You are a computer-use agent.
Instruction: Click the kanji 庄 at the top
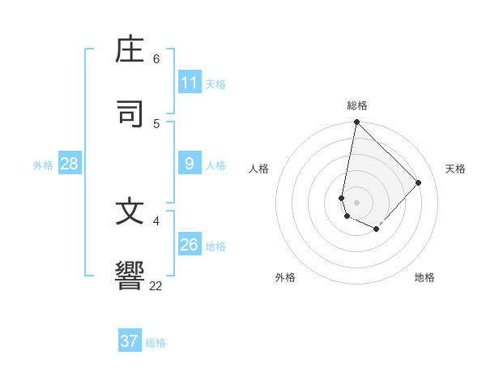coord(131,49)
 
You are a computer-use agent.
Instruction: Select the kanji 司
coord(131,114)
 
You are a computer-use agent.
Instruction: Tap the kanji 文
coord(131,212)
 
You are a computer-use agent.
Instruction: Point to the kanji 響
coord(131,276)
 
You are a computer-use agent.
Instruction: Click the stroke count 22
coord(156,285)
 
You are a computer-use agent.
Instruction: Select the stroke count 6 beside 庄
coord(156,58)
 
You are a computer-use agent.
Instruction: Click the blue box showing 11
coord(190,83)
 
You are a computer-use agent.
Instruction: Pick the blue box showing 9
coord(190,164)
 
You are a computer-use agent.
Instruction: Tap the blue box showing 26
coord(190,245)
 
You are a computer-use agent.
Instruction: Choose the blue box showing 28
coord(70,164)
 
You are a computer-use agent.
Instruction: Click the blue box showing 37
coord(130,341)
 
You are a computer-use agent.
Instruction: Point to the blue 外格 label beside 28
coord(43,165)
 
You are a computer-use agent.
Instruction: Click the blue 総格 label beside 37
coord(156,343)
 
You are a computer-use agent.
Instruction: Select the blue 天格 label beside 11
coord(215,83)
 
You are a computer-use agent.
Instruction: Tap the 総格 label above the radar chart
coord(357,105)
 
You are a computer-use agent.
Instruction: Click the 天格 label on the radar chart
coord(455,169)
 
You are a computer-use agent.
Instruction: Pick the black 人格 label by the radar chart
coord(259,169)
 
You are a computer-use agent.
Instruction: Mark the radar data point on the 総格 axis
coord(356,122)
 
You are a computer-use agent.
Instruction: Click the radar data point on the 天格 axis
coord(419,182)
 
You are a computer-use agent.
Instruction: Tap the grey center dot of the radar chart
coord(356,203)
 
